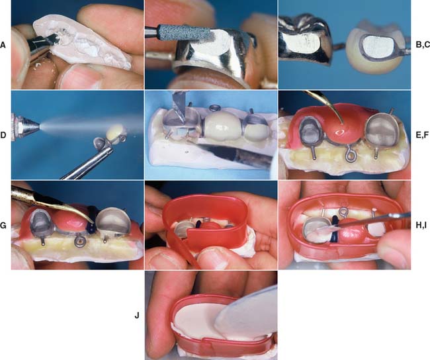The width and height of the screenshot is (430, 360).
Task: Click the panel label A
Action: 3,45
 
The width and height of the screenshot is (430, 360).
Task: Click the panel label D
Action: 3,135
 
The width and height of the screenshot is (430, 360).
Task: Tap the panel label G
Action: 3,226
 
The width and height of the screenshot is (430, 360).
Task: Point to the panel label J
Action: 137,316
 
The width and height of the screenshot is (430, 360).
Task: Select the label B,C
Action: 423,45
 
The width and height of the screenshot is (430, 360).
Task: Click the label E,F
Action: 422,135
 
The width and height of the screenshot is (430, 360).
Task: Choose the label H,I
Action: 421,226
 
